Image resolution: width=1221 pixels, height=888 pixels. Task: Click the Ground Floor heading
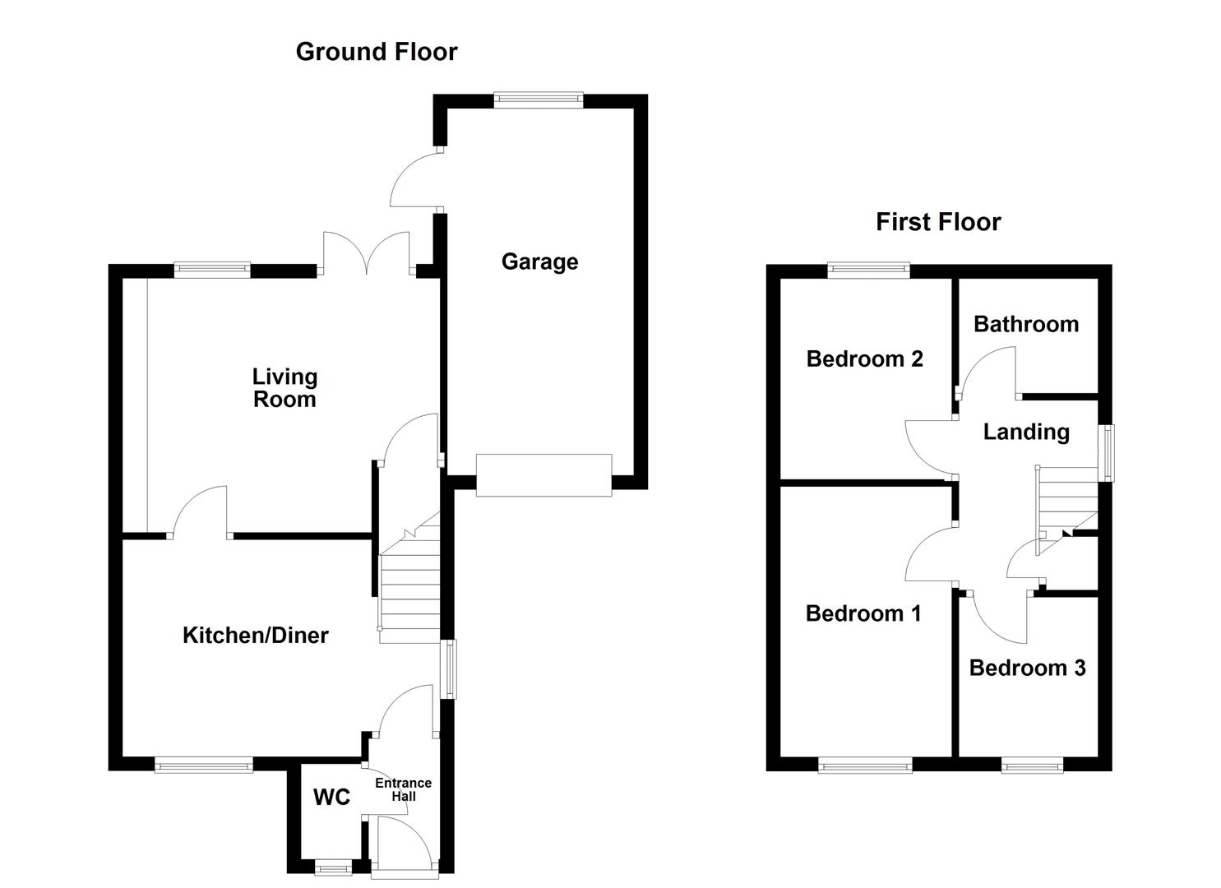click(x=376, y=52)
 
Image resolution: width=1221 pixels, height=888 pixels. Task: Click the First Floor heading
click(x=938, y=222)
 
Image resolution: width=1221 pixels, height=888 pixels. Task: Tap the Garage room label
click(x=539, y=261)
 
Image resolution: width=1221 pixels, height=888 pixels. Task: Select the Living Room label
click(x=284, y=388)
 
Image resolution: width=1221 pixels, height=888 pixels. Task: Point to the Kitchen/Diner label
click(x=255, y=635)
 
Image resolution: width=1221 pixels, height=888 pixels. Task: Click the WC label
click(x=331, y=797)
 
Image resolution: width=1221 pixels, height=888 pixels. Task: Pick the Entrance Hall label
click(x=403, y=789)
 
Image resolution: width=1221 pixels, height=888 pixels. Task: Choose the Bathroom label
click(x=1025, y=324)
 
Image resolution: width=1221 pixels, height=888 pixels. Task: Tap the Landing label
click(x=1026, y=432)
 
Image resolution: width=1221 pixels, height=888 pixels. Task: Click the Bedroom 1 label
click(x=863, y=613)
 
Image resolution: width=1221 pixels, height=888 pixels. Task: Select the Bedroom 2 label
click(x=864, y=358)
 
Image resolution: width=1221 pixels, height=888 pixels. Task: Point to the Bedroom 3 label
click(x=1027, y=668)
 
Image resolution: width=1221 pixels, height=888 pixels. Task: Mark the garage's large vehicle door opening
click(x=543, y=475)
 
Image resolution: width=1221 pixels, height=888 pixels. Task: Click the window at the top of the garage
click(x=539, y=100)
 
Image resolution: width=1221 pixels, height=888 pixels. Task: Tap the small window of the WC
click(x=333, y=866)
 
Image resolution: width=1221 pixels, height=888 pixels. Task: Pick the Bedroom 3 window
click(x=1032, y=765)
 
